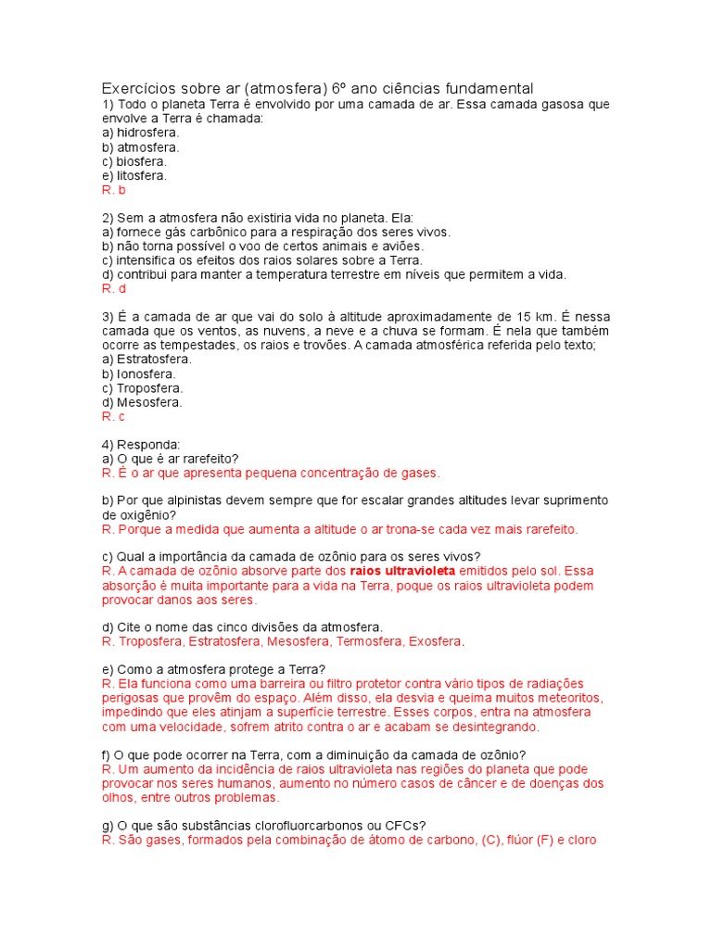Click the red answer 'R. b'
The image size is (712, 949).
113,189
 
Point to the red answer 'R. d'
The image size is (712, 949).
113,288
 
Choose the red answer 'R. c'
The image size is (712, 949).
113,416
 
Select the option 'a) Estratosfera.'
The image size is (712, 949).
147,359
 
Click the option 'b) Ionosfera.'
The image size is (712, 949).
138,373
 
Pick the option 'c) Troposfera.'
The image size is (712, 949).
143,388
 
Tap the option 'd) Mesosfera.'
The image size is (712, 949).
142,402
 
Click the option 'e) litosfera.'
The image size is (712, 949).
134,175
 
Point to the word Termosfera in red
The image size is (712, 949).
364,641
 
